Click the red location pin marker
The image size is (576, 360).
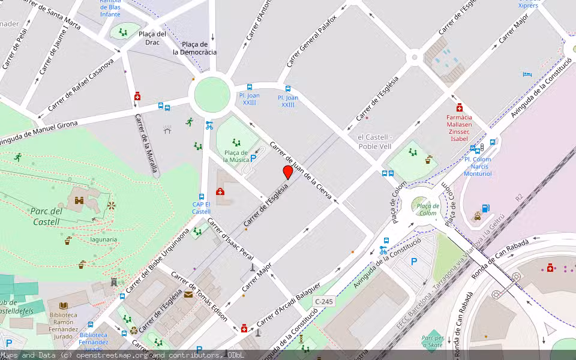[288, 172]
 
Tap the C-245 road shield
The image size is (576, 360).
[323, 301]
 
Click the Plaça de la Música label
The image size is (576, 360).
[236, 157]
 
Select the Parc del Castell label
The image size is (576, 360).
[46, 217]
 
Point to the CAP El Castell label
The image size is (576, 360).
[202, 208]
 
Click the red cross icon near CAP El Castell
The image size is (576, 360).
[220, 192]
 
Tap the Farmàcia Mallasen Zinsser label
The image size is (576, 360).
[459, 128]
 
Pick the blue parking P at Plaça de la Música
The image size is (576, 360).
[253, 159]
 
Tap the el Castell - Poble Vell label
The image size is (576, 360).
[374, 142]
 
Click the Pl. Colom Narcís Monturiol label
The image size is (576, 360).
[478, 167]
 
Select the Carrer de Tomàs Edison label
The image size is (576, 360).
[199, 296]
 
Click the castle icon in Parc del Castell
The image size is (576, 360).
[79, 201]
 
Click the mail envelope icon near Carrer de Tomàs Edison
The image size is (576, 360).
[188, 294]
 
